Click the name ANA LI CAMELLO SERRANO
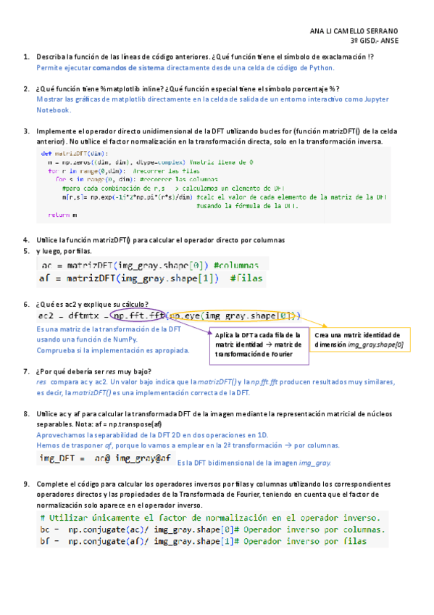pyautogui.click(x=354, y=31)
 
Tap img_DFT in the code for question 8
pyautogui.click(x=58, y=458)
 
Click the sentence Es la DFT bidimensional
pyautogui.click(x=254, y=462)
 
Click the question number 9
pyautogui.click(x=26, y=483)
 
